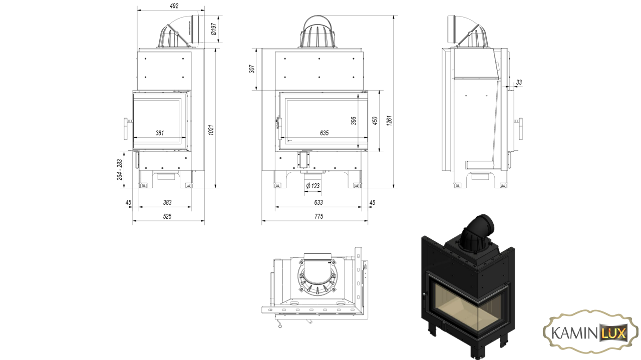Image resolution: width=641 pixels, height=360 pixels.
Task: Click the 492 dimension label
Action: (x=174, y=6)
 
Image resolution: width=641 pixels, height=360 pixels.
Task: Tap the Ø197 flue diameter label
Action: (x=213, y=29)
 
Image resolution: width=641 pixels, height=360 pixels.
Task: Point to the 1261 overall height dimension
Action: (x=389, y=121)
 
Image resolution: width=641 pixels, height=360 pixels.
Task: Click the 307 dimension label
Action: (x=252, y=69)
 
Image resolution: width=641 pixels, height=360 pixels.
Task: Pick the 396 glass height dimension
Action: (x=354, y=121)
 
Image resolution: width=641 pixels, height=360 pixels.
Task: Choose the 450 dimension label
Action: (x=375, y=121)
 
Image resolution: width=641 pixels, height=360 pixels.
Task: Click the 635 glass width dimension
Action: (x=324, y=133)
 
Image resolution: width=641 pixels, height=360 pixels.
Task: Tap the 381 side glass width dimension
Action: (x=160, y=133)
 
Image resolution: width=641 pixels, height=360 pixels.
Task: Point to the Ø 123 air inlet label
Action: (x=313, y=186)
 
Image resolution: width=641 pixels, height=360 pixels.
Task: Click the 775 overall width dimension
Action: (x=318, y=216)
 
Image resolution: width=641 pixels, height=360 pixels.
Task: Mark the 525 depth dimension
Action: (x=167, y=216)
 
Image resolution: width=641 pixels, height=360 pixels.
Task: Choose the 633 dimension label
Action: (x=318, y=202)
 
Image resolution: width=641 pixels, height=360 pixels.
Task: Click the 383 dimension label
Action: (x=167, y=202)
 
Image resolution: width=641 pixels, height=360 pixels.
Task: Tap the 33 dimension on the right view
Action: (x=519, y=82)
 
